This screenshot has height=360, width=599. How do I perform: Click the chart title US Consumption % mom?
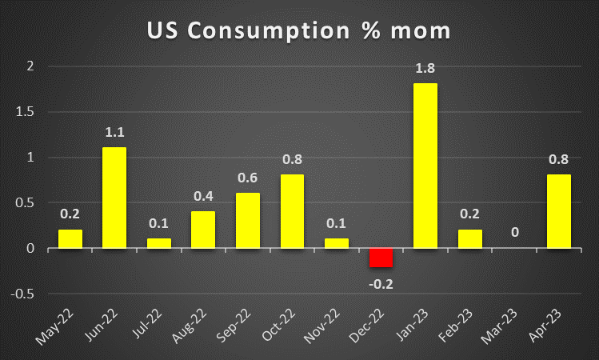[x=299, y=30]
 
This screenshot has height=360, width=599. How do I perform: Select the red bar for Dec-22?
[x=381, y=258]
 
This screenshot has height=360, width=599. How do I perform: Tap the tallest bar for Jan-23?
[x=425, y=166]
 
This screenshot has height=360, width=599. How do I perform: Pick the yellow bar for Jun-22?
[x=114, y=198]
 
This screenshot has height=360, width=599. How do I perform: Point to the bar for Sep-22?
[x=248, y=220]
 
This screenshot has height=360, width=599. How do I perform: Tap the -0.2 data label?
[x=381, y=282]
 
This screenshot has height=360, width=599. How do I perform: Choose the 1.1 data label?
[x=114, y=131]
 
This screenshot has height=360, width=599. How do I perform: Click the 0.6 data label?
[x=248, y=177]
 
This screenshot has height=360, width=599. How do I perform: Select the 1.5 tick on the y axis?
[x=28, y=112]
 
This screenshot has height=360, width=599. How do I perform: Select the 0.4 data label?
[x=203, y=195]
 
